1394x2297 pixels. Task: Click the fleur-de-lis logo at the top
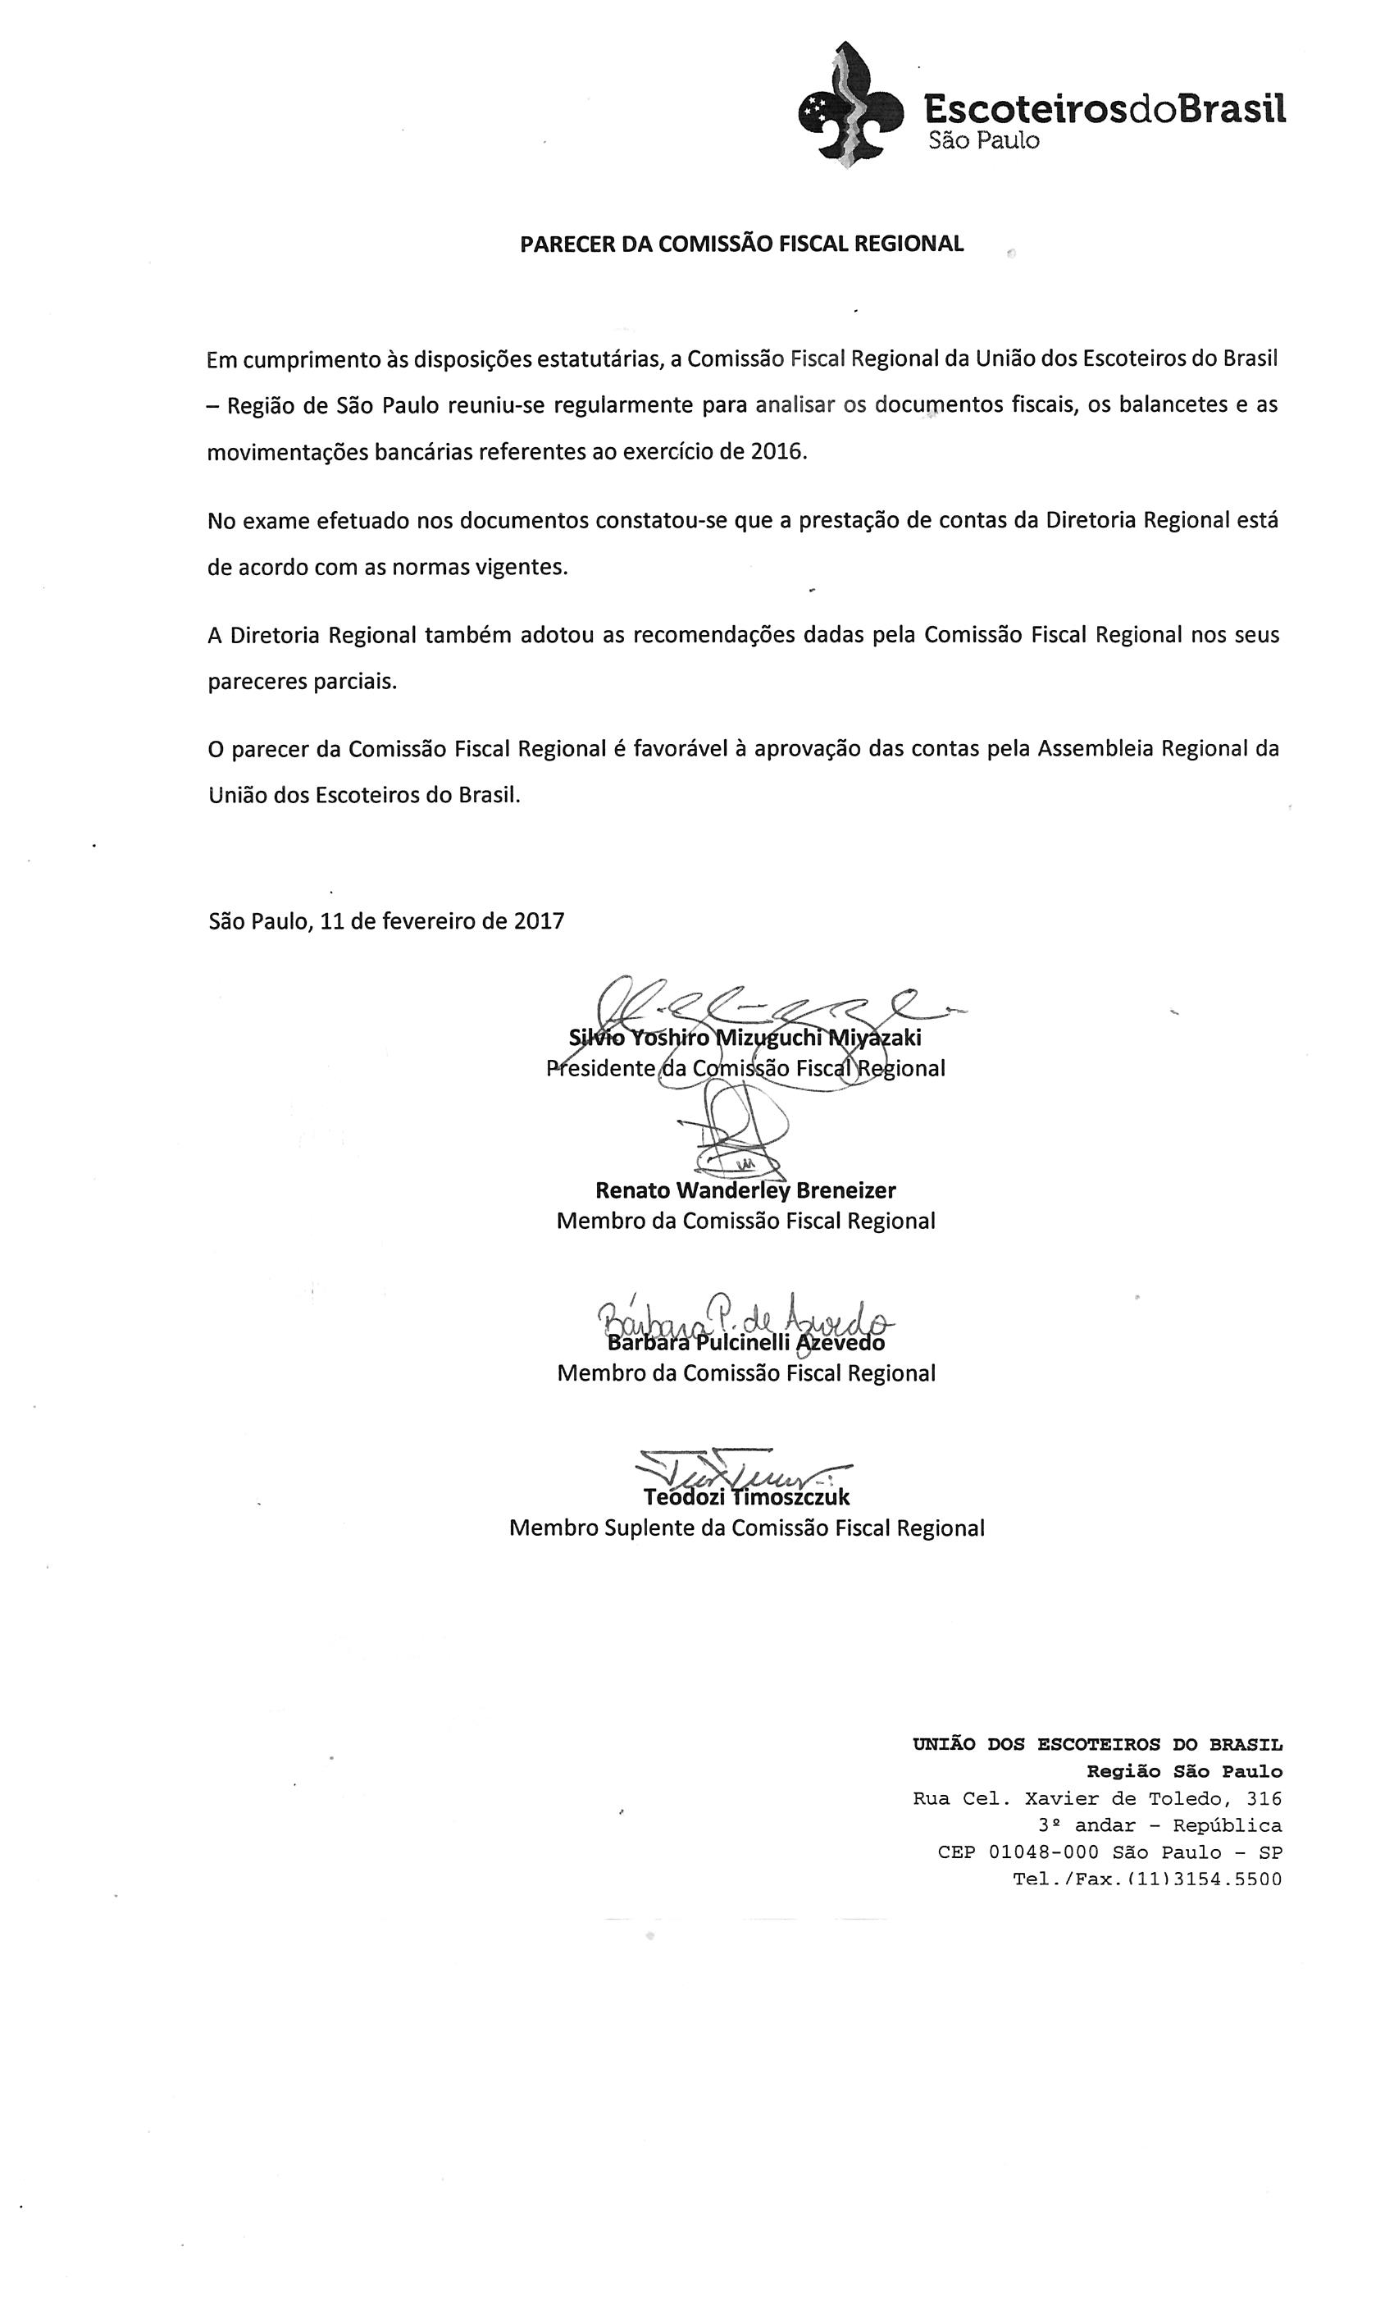[850, 105]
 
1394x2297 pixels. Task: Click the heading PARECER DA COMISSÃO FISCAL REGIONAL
[740, 244]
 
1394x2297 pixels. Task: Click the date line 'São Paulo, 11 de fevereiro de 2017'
[385, 921]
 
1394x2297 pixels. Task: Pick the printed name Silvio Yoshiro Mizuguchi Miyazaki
[745, 1038]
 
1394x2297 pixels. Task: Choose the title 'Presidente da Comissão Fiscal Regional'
[745, 1068]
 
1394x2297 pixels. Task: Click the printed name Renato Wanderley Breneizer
[745, 1190]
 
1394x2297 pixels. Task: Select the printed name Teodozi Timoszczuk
[745, 1497]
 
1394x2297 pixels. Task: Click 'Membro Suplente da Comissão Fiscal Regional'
[745, 1528]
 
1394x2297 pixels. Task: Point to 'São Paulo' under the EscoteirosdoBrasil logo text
[982, 142]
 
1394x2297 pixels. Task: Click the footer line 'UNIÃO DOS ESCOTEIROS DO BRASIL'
[1097, 1744]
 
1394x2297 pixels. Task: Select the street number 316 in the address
[1264, 1798]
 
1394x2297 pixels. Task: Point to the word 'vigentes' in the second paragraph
[525, 568]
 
